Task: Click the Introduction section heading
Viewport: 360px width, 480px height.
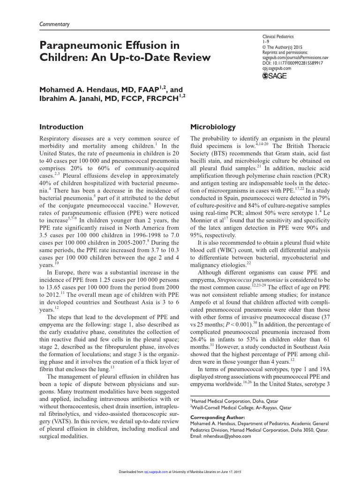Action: point(61,127)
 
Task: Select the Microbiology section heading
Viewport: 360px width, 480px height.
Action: point(212,127)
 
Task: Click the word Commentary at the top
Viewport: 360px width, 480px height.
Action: point(54,24)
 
